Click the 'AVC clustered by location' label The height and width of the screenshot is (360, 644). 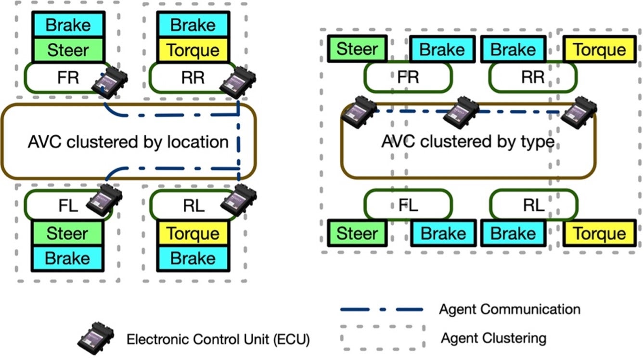128,142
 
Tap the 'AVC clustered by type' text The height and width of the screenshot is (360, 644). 467,142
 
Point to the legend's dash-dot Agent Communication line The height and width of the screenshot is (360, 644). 381,309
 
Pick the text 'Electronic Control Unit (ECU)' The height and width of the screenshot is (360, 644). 218,339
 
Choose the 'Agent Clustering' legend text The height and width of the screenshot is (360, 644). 493,337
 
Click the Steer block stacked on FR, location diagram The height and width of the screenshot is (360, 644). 68,50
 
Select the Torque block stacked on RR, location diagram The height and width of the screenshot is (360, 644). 193,50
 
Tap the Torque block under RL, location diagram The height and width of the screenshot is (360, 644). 193,233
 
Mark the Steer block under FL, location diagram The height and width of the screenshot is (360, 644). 68,233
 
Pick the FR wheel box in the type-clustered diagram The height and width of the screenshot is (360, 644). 408,77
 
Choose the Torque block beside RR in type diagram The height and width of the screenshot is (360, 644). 599,49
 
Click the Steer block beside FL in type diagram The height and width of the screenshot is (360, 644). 357,233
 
